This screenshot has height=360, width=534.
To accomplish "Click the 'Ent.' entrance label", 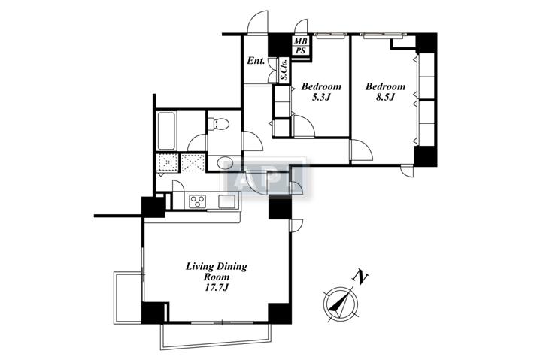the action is [x=256, y=61].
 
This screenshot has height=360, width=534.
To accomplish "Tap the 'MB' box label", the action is [x=300, y=41].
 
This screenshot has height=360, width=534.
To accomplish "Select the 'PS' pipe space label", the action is [x=300, y=50].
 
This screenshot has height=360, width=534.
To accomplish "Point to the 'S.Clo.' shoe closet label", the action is [x=284, y=70].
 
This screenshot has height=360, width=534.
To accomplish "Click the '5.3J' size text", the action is [x=321, y=98].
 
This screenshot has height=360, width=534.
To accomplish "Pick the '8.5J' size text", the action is [x=385, y=98].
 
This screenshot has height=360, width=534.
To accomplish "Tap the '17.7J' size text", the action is [x=216, y=288].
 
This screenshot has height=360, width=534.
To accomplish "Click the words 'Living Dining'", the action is [x=217, y=266].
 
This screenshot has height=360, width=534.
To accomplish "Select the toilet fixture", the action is [x=218, y=123].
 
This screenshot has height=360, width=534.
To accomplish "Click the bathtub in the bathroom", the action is [x=166, y=131].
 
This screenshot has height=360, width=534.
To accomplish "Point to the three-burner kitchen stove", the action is [x=197, y=201].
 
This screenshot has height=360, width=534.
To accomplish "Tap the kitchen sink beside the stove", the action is [x=227, y=201].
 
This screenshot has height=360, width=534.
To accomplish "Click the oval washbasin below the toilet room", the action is [x=225, y=163].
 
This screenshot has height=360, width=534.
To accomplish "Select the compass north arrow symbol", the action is [x=340, y=304].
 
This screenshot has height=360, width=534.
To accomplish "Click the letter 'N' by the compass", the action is [x=361, y=277].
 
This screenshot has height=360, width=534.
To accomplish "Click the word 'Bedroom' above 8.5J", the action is [x=386, y=86].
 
